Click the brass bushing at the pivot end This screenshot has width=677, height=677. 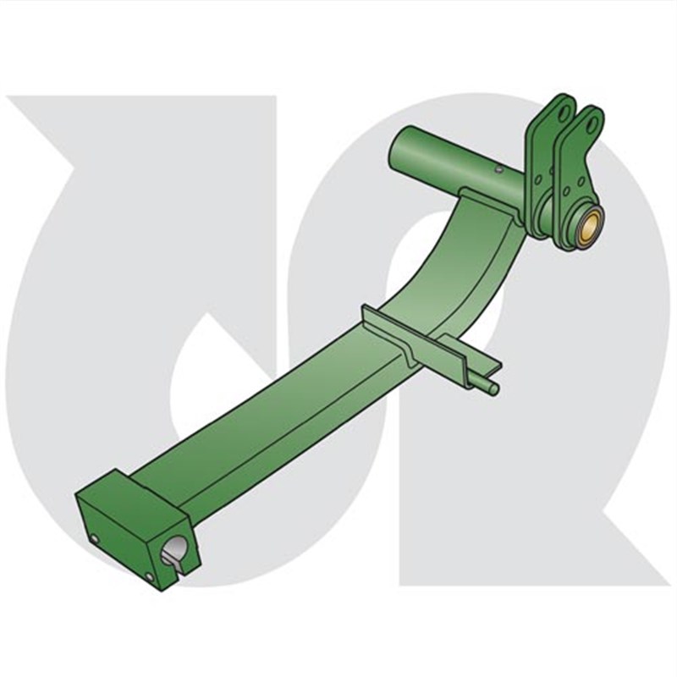(590, 225)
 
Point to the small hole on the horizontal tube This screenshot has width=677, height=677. (500, 169)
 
